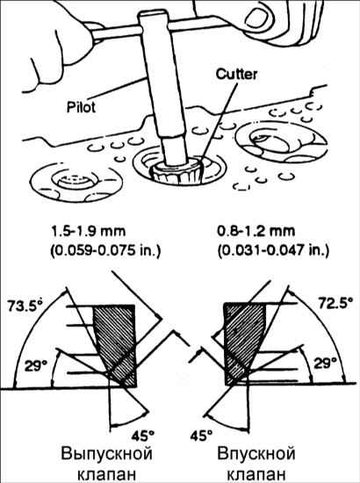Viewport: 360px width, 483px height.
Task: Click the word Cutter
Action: pos(236,75)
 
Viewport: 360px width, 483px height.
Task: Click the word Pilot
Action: pos(81,107)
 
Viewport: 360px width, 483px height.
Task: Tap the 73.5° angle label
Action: pos(25,306)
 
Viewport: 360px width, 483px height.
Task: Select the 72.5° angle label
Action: pos(335,304)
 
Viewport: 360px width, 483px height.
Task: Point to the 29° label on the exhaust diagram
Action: pos(36,366)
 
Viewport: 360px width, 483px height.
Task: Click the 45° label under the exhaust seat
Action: pos(142,436)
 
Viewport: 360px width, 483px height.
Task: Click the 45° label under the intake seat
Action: pos(201,436)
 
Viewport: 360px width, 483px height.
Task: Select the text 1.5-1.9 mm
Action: pos(89,231)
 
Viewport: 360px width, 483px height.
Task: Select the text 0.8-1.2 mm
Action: pos(256,231)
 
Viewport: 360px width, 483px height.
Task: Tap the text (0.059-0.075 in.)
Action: pos(105,251)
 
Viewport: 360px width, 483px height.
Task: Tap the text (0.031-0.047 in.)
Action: pos(273,251)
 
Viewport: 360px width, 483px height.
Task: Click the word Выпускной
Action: pos(106,455)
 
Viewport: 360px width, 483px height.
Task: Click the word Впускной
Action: pos(256,455)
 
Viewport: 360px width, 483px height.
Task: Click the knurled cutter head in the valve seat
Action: pos(177,171)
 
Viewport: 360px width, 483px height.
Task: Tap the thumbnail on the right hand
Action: pos(258,15)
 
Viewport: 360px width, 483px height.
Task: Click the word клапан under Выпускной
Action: pos(106,474)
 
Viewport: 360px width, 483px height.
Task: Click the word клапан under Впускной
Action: pos(256,474)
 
